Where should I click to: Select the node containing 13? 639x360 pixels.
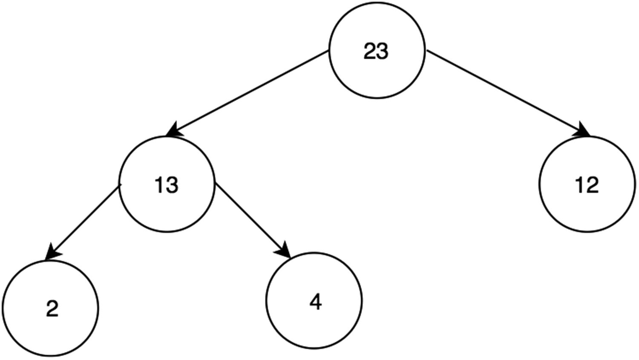pos(167,184)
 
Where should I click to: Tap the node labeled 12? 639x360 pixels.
pos(587,184)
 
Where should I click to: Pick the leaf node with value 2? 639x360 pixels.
pos(51,308)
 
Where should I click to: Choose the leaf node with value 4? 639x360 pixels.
pos(314,300)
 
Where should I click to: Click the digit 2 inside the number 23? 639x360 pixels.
pos(370,52)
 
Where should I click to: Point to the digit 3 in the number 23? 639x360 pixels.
pos(383,52)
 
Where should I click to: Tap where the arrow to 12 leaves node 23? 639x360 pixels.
pos(427,52)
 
